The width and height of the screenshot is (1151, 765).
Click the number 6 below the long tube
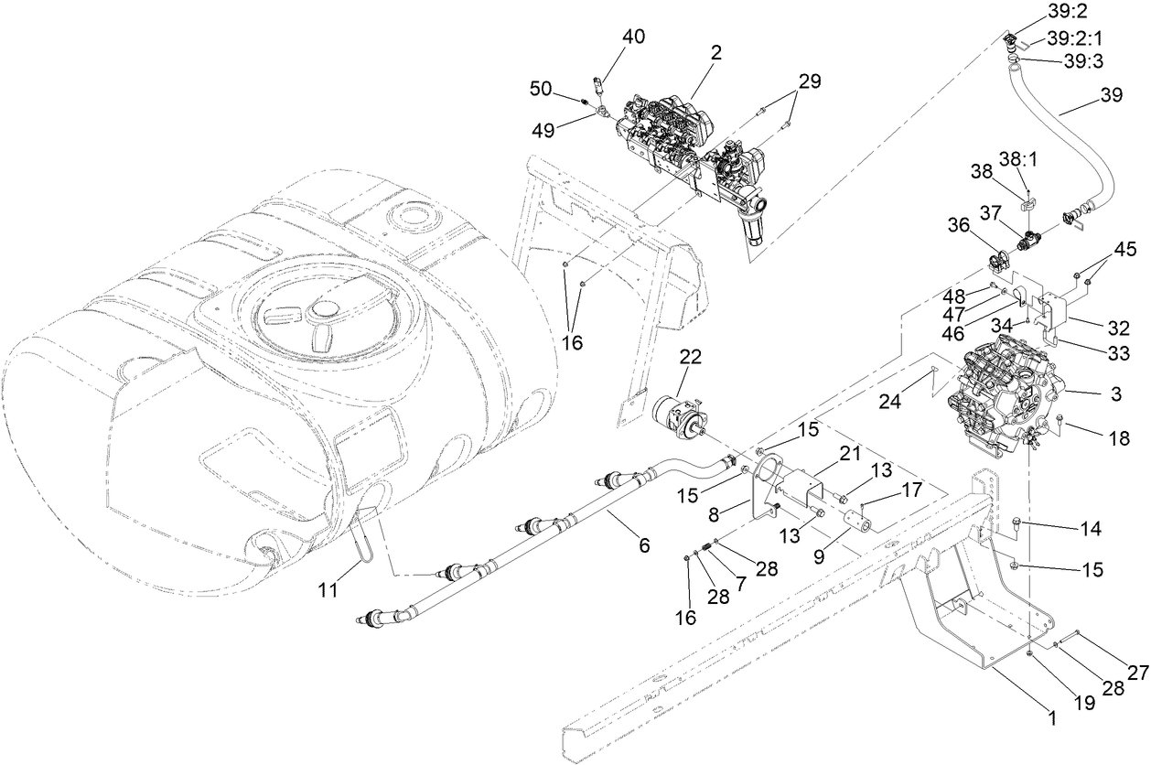coord(644,545)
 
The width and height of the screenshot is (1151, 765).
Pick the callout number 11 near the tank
coord(328,591)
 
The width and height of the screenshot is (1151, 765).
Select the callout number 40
coord(633,37)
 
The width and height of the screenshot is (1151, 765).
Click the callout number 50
coord(542,88)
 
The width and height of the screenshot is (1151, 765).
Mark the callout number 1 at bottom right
coord(1051,719)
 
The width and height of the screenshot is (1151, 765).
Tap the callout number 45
coord(1124,249)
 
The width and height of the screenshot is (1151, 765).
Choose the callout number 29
coord(808,81)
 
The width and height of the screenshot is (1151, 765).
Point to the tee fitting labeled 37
coord(1028,242)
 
